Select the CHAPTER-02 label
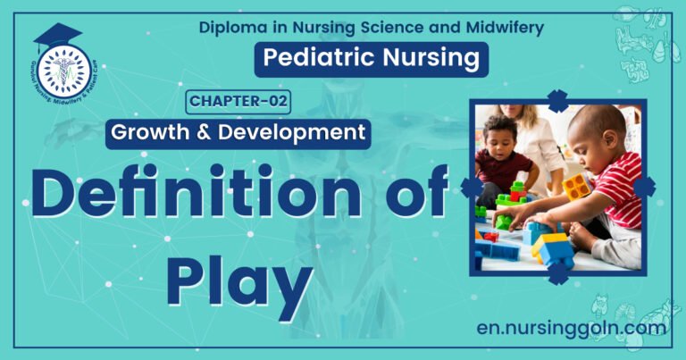pyautogui.click(x=238, y=101)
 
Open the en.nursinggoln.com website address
pyautogui.click(x=571, y=328)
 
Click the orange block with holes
pyautogui.click(x=577, y=186)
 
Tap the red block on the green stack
pyautogui.click(x=516, y=195)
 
